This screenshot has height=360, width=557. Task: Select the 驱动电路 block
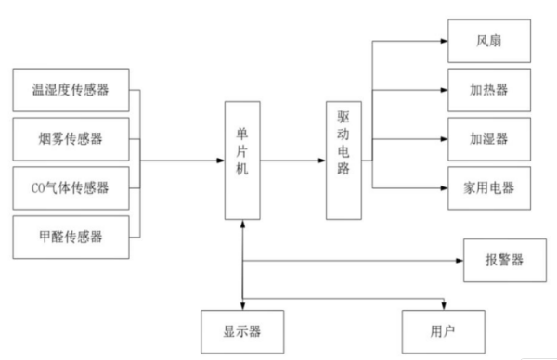coord(343,161)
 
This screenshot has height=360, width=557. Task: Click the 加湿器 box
coord(487,142)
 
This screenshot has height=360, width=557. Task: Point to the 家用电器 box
coord(487,188)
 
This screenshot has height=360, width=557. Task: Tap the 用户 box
coord(443,329)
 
